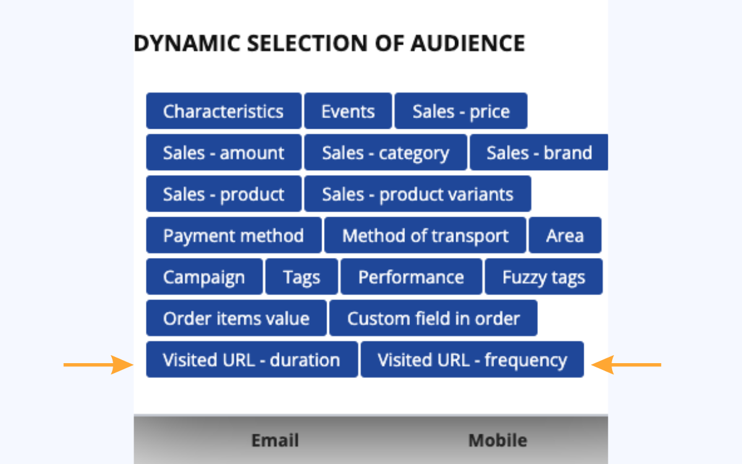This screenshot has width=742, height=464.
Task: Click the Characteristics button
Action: [x=224, y=111]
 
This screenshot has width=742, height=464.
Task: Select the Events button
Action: [x=348, y=111]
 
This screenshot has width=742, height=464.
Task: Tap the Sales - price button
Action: [x=461, y=111]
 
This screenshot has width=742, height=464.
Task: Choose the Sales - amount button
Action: [x=224, y=152]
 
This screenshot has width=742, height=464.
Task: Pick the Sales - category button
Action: [x=386, y=152]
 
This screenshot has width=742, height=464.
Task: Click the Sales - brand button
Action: [x=539, y=152]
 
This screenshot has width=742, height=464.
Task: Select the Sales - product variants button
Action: [x=418, y=194]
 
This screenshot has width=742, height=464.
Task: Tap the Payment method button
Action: [x=234, y=235]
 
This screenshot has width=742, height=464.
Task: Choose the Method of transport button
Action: [x=425, y=235]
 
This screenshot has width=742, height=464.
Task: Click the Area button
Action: [x=565, y=235]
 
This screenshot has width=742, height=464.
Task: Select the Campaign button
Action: [x=205, y=277]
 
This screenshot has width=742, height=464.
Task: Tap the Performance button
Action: [x=411, y=277]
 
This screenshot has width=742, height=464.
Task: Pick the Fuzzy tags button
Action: [x=544, y=277]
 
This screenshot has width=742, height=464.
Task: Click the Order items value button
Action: [x=236, y=318]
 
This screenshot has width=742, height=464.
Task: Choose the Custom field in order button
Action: [x=433, y=318]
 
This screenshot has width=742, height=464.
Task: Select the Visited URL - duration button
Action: [x=252, y=359]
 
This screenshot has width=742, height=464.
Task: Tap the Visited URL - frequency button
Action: [x=472, y=359]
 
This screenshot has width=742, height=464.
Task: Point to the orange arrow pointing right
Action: [x=98, y=365]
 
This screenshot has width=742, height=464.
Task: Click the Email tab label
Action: [x=275, y=440]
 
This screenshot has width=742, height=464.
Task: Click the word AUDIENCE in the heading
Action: [x=467, y=43]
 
